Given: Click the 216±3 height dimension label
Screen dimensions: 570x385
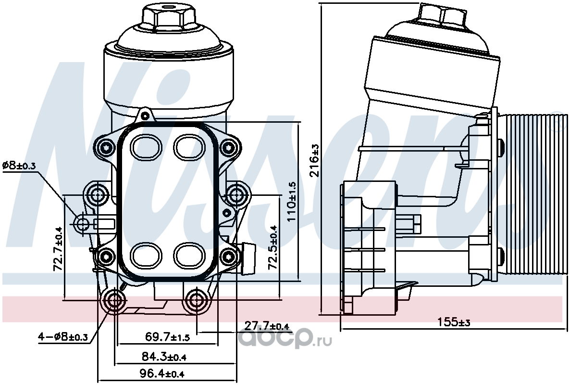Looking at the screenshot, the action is [314, 160].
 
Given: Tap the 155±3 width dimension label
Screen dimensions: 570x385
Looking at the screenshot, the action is [453, 322].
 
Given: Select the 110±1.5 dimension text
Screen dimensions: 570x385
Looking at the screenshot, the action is [292, 202].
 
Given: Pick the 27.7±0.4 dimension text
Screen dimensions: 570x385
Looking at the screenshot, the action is [266, 326].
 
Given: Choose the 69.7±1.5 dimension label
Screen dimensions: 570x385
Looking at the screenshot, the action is [167, 337].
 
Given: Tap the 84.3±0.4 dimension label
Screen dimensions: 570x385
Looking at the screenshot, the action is [164, 357].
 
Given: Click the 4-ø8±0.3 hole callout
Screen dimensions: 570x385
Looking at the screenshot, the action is [63, 337].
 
